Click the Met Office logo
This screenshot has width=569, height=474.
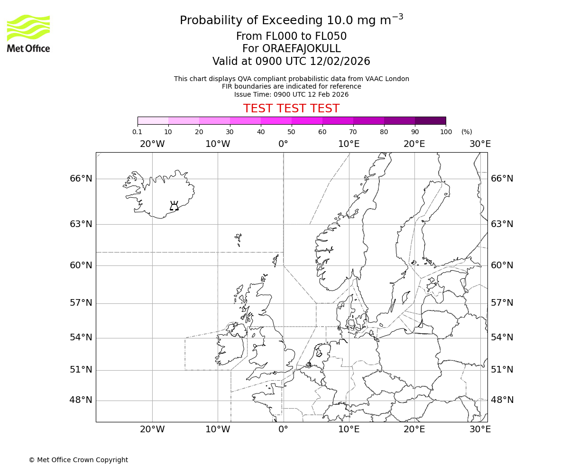28,33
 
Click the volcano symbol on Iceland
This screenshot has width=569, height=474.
174,206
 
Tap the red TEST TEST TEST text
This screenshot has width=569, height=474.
291,109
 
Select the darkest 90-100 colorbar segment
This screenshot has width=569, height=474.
430,120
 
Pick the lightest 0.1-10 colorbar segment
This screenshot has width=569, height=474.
153,120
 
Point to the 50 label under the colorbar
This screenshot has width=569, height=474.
292,132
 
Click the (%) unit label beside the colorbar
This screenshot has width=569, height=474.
467,132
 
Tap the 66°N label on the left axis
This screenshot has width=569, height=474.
81,179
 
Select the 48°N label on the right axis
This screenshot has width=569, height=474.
502,400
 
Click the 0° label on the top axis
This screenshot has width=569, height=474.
284,144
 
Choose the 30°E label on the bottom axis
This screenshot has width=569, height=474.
480,429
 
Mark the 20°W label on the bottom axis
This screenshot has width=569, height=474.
152,429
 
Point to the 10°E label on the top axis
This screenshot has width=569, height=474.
349,144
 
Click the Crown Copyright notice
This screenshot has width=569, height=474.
78,460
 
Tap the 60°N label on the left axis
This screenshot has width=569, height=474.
81,265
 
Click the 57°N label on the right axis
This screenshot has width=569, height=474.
502,303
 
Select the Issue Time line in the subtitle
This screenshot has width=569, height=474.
291,94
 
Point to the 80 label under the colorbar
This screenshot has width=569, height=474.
384,132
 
